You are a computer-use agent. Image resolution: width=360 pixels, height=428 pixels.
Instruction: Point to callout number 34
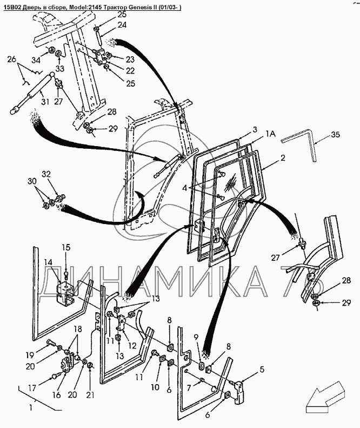(x=35, y=60)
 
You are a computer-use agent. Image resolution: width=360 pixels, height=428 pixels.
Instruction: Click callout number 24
(x=122, y=25)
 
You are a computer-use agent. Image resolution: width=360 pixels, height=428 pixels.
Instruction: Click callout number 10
(x=155, y=387)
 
